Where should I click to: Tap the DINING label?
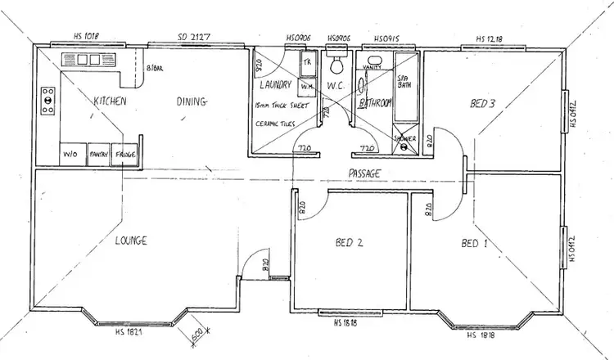click(x=192, y=101)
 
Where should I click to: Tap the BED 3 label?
click(x=482, y=103)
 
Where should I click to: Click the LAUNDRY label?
click(x=275, y=84)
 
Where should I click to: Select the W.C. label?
click(x=336, y=85)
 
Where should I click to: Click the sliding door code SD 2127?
click(x=193, y=36)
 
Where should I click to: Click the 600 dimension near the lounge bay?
click(x=196, y=333)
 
